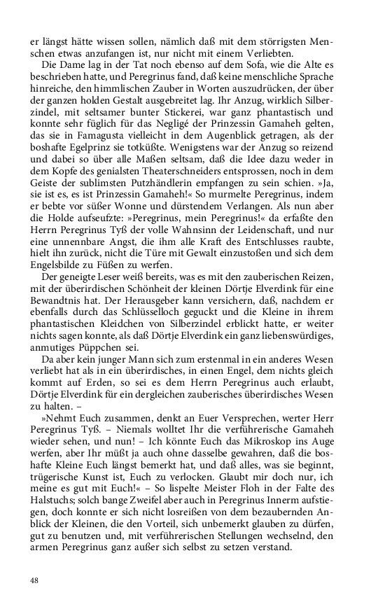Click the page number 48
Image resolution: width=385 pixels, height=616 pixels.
click(35, 580)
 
